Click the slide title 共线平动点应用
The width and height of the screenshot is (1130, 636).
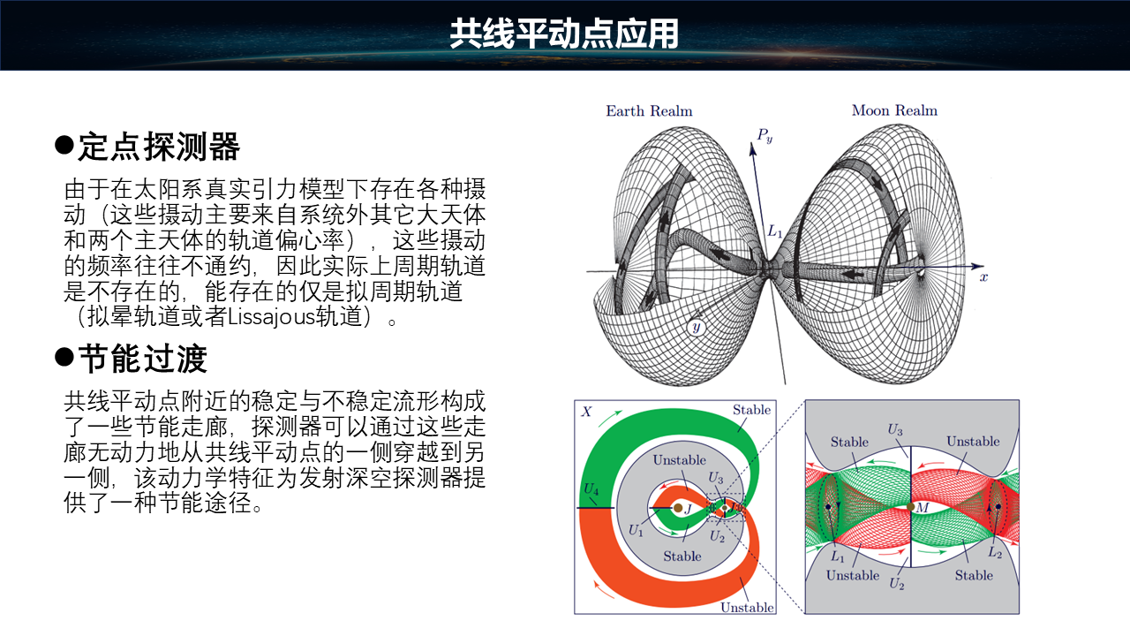pos(564,34)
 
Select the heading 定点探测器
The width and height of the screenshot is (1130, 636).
pos(159,147)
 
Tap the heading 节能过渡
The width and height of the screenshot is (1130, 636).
pos(143,359)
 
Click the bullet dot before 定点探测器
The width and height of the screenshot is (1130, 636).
pos(64,145)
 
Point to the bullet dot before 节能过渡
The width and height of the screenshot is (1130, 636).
pos(64,357)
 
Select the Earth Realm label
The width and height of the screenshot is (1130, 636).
pos(649,110)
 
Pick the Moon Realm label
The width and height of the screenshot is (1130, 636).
pos(894,110)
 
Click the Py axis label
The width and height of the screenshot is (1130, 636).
pos(765,135)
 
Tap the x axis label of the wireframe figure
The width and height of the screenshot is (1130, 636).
pos(983,277)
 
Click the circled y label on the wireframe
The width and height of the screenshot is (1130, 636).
pos(697,327)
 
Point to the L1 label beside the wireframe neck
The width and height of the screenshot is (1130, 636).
pos(775,231)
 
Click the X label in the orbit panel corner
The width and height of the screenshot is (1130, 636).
pos(586,412)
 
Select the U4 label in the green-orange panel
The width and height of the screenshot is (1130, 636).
pos(591,488)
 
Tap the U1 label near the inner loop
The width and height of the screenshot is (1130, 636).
pos(636,531)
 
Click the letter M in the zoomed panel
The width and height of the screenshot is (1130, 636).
pos(923,507)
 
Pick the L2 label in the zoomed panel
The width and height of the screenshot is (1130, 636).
pos(995,552)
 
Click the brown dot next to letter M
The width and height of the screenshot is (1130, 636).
pos(910,507)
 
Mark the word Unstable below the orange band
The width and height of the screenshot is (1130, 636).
pos(747,607)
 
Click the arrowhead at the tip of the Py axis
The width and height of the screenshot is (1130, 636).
pos(752,148)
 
